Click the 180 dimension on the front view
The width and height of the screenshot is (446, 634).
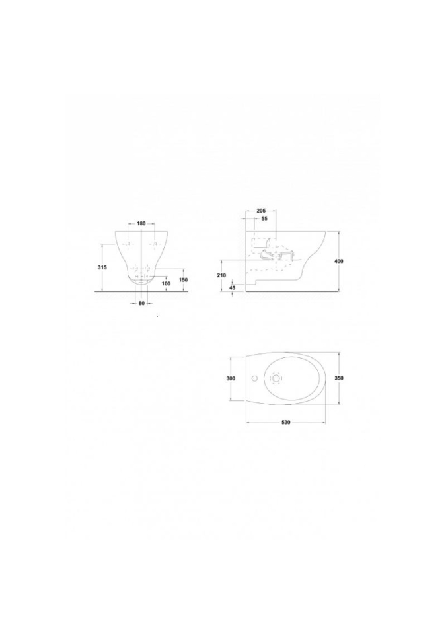click(x=141, y=224)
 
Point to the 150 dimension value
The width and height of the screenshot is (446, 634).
click(x=184, y=280)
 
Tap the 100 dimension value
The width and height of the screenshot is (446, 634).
click(x=166, y=284)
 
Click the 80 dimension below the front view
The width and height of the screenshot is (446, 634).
click(x=141, y=303)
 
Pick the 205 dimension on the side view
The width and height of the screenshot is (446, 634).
click(x=260, y=211)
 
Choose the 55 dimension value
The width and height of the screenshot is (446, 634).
click(x=264, y=219)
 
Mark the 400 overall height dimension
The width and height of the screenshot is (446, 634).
click(x=339, y=262)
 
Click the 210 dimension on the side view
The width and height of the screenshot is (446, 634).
click(x=221, y=275)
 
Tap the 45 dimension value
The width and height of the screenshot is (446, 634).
click(x=232, y=287)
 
